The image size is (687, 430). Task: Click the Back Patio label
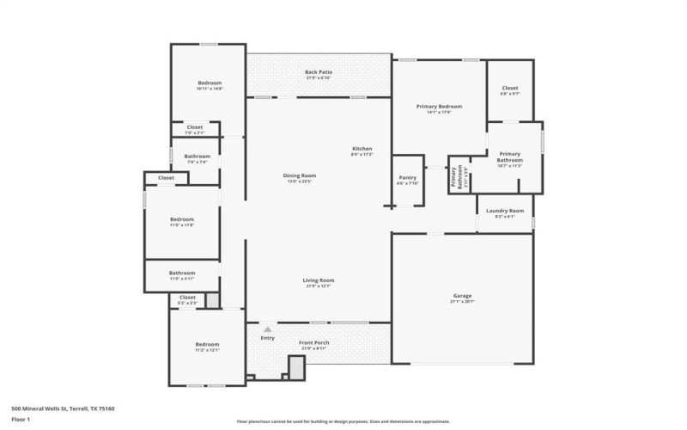click(319, 72)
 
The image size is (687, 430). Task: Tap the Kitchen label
click(362, 150)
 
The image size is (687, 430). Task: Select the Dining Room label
click(300, 177)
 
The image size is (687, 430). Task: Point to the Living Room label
click(318, 281)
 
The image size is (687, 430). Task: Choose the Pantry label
click(407, 179)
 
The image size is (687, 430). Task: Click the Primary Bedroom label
click(439, 107)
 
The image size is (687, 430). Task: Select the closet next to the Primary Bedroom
click(509, 89)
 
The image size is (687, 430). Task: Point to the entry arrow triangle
click(268, 329)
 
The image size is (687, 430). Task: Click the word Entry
click(268, 338)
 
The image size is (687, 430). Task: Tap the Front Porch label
click(314, 344)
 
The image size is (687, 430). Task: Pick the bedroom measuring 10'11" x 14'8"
click(210, 85)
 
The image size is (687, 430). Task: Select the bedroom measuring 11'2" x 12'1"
click(207, 346)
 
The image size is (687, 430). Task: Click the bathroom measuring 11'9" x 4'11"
click(181, 275)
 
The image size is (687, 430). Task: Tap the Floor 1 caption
click(21, 420)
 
